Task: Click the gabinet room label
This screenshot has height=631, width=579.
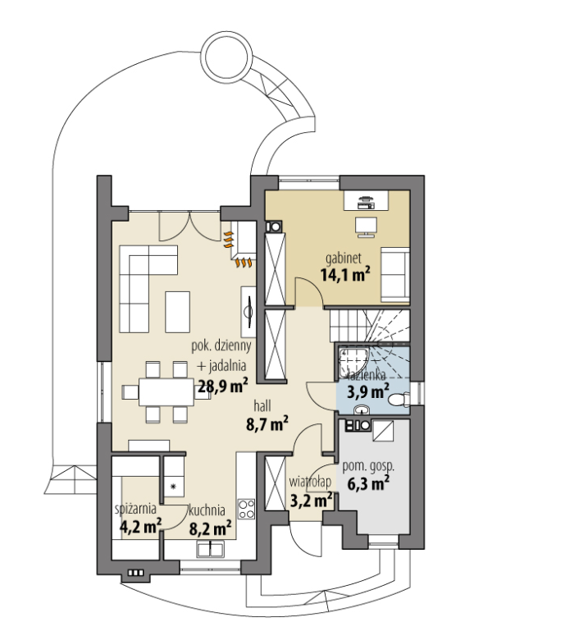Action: [344, 258]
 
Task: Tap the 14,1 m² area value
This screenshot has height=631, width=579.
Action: [345, 275]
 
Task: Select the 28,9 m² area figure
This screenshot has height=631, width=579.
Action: [223, 386]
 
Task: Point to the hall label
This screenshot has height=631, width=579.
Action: [262, 405]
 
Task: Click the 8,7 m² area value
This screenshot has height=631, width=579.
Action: [267, 423]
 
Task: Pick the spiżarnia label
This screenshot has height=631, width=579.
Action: [135, 509]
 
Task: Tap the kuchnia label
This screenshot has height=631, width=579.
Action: [207, 510]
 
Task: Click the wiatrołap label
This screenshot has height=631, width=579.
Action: [310, 482]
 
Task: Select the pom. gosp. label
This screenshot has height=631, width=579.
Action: [368, 466]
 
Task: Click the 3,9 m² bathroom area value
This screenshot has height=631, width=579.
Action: [368, 391]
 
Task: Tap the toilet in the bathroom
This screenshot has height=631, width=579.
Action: [399, 400]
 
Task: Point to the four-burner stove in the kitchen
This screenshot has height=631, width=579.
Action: [246, 509]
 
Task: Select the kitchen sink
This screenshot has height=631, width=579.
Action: [210, 550]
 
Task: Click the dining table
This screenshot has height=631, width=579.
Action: [166, 391]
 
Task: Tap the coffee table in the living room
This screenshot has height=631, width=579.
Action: [177, 313]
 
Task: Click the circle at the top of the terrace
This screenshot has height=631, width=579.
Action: [227, 57]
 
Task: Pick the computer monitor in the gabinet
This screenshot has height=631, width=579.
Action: [366, 227]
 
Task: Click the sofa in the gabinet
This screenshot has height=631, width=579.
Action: [395, 274]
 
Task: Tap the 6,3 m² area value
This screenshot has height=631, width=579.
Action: [368, 483]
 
